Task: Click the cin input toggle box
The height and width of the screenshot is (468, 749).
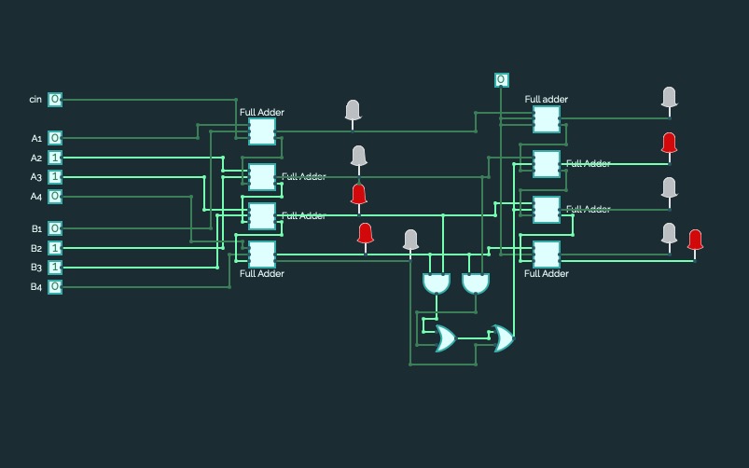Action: click(x=55, y=99)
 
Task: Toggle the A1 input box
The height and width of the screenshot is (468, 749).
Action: click(x=55, y=138)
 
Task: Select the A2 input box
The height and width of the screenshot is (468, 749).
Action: click(x=55, y=158)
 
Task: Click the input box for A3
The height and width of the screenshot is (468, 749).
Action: click(x=55, y=177)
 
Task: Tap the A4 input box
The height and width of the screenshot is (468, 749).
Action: click(x=55, y=197)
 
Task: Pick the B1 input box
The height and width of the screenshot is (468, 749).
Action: click(x=55, y=228)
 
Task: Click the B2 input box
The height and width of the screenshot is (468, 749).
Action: click(x=55, y=248)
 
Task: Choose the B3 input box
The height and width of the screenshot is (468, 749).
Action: click(x=55, y=268)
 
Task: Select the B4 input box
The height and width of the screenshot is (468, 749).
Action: click(x=55, y=287)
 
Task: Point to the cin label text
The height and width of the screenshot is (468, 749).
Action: click(x=35, y=99)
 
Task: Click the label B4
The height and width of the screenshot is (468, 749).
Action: click(x=36, y=287)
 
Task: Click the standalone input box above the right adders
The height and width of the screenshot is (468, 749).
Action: click(x=502, y=80)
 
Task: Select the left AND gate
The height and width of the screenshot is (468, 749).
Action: click(x=436, y=282)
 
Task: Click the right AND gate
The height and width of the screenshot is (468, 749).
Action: click(x=476, y=282)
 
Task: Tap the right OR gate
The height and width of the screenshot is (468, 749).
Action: click(x=502, y=338)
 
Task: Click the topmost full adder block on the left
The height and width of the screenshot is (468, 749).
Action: click(x=261, y=131)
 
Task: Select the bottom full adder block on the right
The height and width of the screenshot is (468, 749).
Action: click(x=546, y=254)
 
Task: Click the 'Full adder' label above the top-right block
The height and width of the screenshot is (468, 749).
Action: click(x=546, y=99)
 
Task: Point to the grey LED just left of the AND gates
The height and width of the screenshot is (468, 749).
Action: click(x=410, y=240)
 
